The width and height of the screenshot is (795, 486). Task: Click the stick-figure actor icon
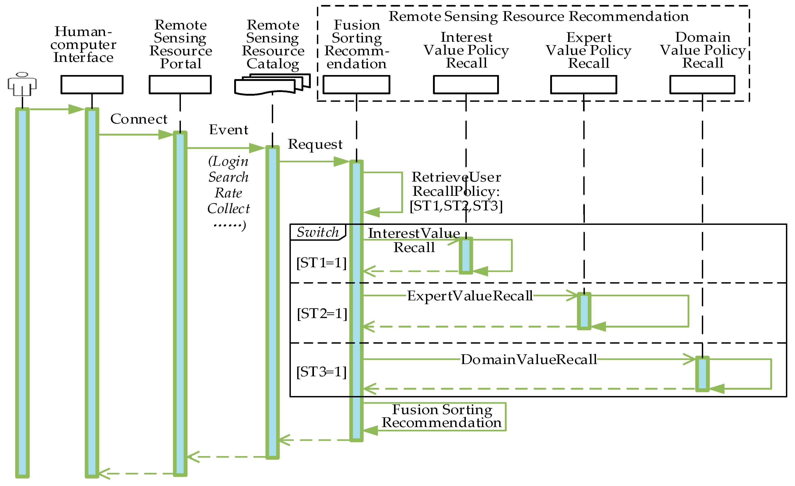point(22,84)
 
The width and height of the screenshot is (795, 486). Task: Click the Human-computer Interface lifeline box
point(92,85)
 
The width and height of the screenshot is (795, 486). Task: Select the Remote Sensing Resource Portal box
point(180,85)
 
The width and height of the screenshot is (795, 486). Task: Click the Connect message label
point(139,119)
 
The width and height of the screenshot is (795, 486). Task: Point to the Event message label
point(229,130)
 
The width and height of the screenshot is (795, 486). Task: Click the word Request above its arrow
point(315,144)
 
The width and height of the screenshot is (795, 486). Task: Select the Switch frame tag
point(318,232)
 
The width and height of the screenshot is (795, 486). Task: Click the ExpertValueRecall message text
point(470,296)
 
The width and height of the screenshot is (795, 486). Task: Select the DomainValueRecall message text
point(528,360)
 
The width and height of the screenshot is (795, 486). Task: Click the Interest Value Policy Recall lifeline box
point(466,85)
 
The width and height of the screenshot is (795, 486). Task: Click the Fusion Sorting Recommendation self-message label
point(441,416)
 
